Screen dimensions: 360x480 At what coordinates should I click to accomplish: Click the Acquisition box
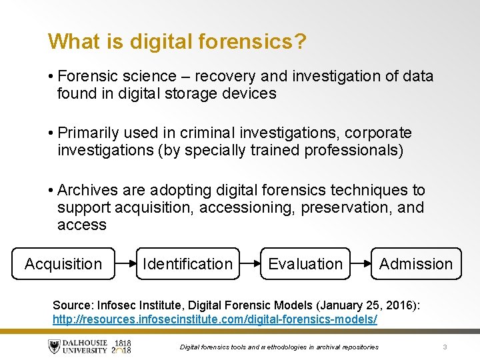click(63, 264)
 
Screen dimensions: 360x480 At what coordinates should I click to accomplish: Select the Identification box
click(187, 264)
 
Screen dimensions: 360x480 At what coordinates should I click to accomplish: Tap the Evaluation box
click(305, 264)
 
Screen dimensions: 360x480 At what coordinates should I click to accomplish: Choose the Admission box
click(415, 264)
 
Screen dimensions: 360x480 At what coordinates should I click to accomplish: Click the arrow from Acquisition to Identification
click(125, 264)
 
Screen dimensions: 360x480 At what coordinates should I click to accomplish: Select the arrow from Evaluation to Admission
click(361, 264)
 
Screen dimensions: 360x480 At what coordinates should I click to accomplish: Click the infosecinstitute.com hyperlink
click(215, 319)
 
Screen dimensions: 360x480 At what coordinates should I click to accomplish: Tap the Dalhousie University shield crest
click(54, 346)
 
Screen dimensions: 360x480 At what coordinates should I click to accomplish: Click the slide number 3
click(445, 346)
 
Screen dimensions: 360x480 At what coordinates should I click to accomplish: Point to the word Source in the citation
click(73, 305)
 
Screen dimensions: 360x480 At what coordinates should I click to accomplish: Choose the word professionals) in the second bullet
click(354, 150)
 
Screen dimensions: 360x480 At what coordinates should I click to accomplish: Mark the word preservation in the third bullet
click(346, 208)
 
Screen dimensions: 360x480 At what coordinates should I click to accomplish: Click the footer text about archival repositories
click(279, 347)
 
